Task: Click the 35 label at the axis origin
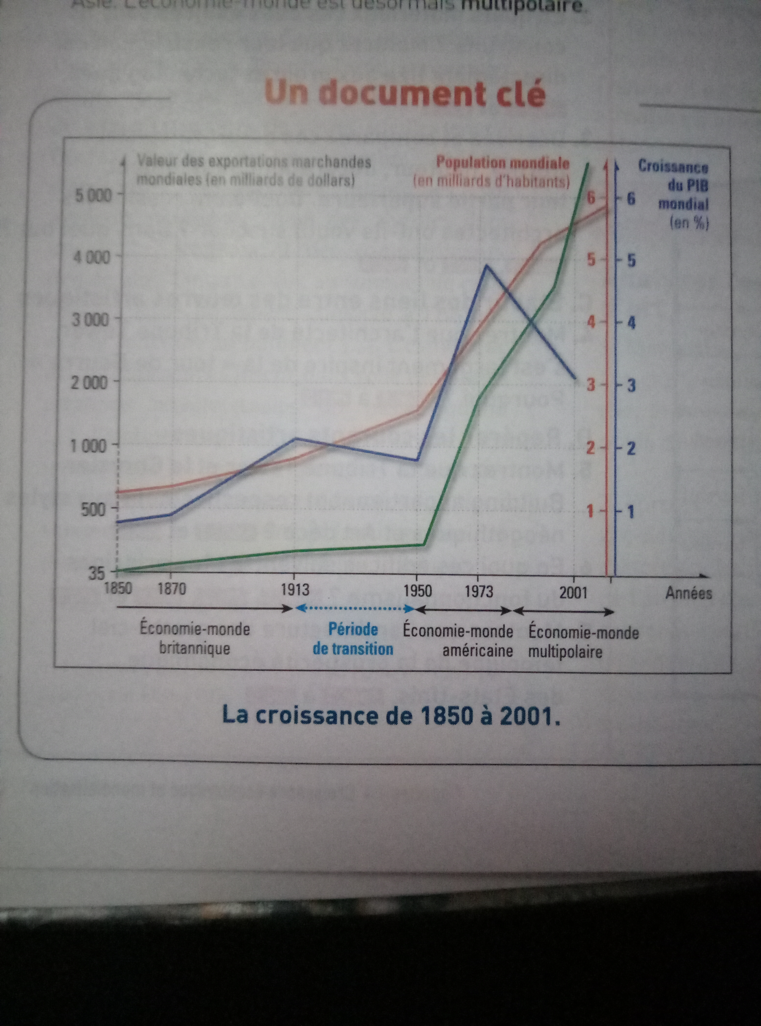(x=97, y=573)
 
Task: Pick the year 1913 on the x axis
(x=295, y=590)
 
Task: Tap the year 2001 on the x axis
(x=573, y=592)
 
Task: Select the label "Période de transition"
(x=353, y=639)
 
